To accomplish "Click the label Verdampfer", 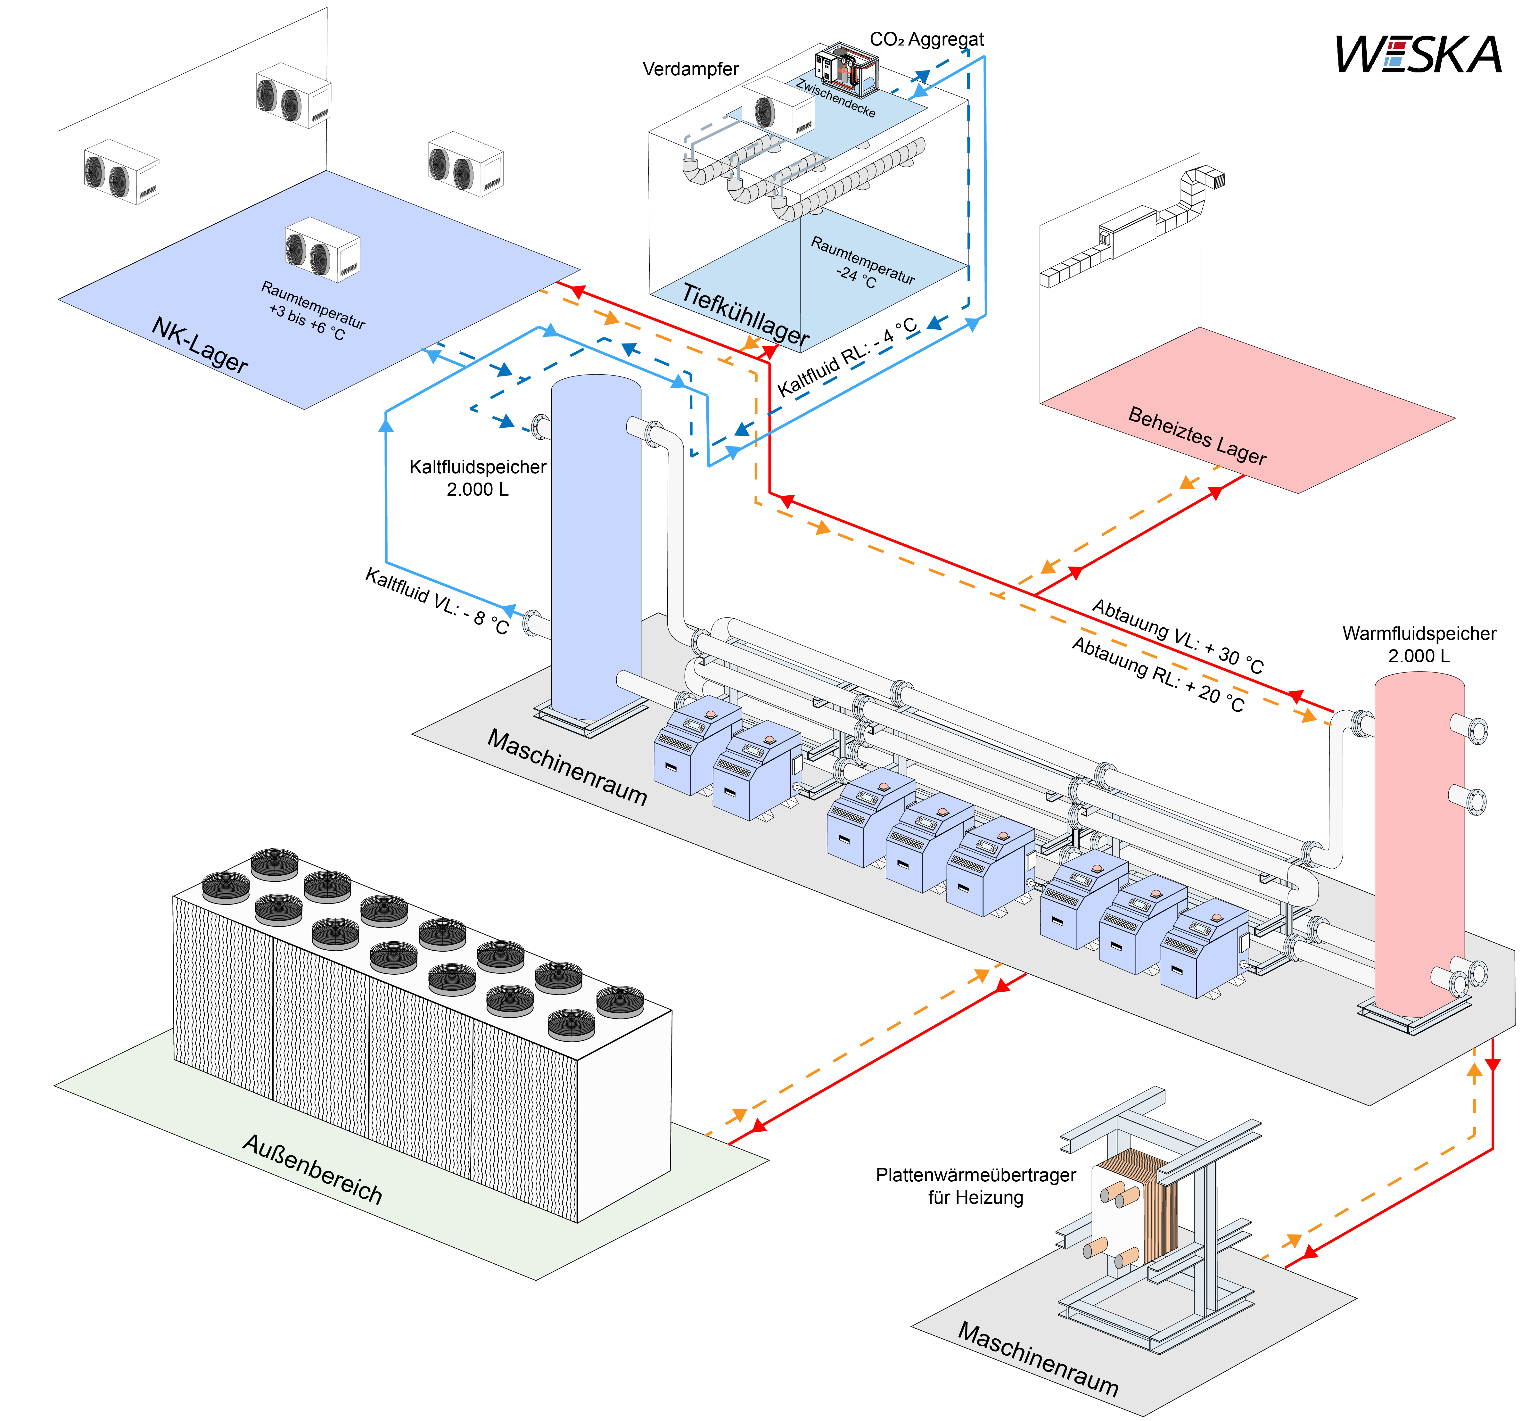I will [x=691, y=69].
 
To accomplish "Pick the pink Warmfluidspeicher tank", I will [x=1419, y=842].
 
